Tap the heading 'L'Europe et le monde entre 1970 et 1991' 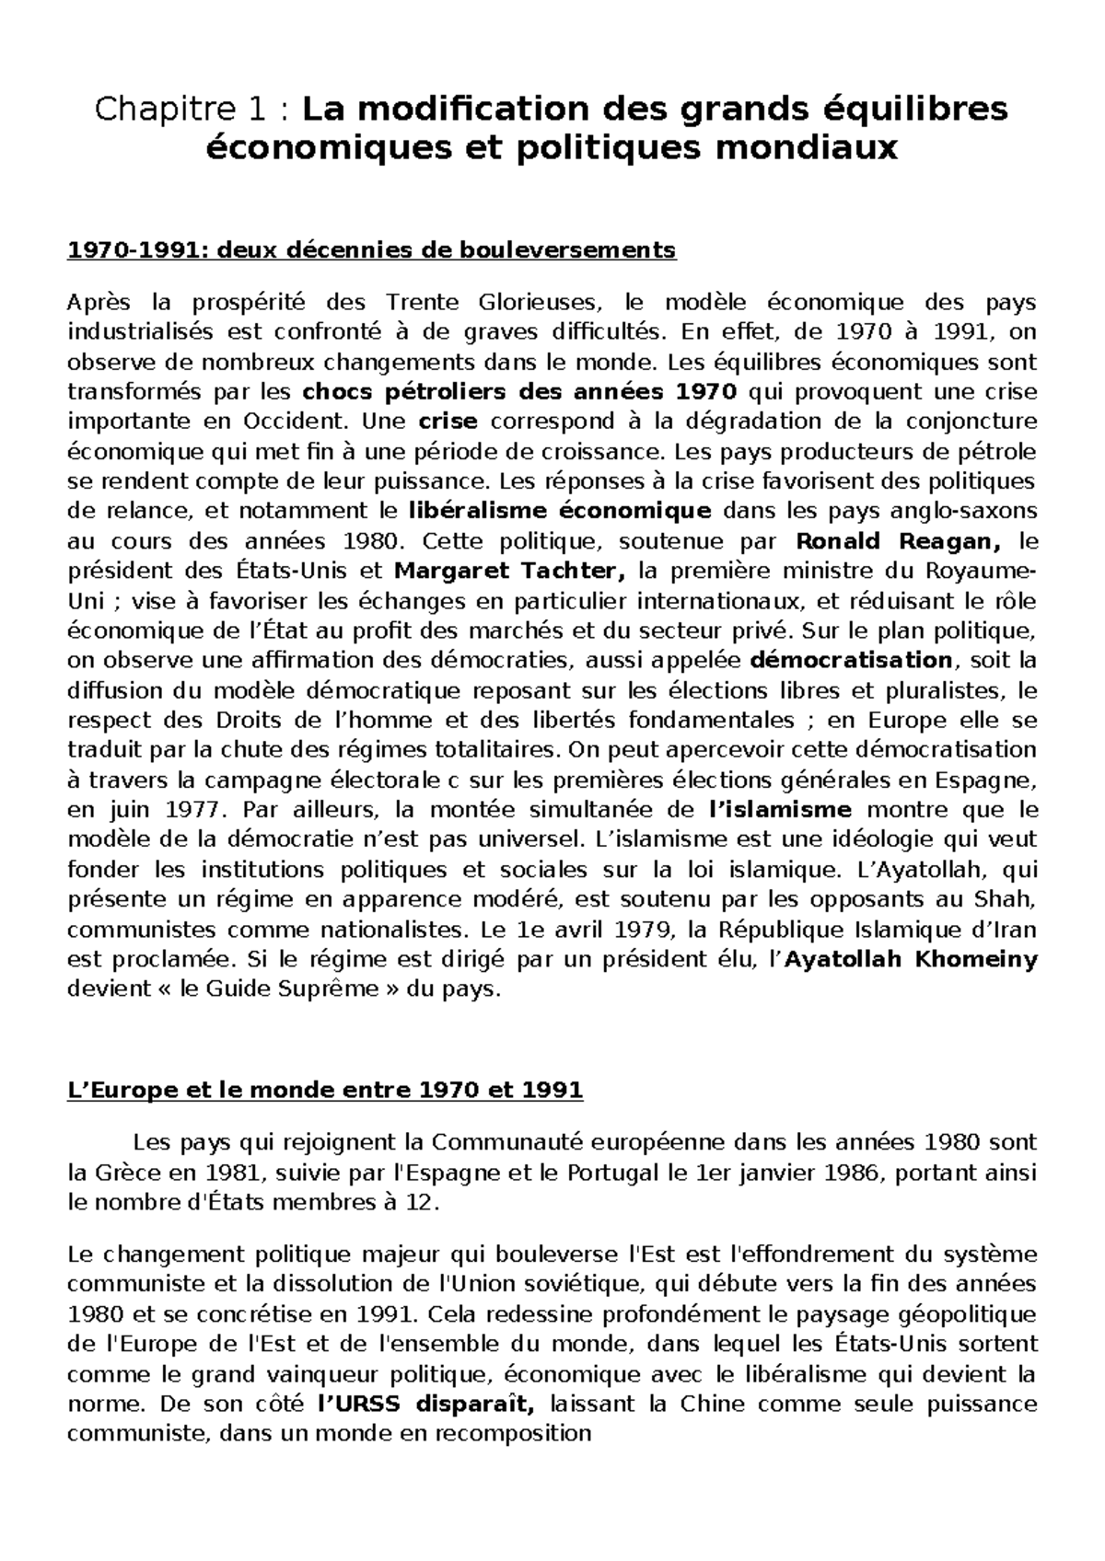point(326,1091)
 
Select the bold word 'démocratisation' point(852,661)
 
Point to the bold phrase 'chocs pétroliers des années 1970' point(520,392)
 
